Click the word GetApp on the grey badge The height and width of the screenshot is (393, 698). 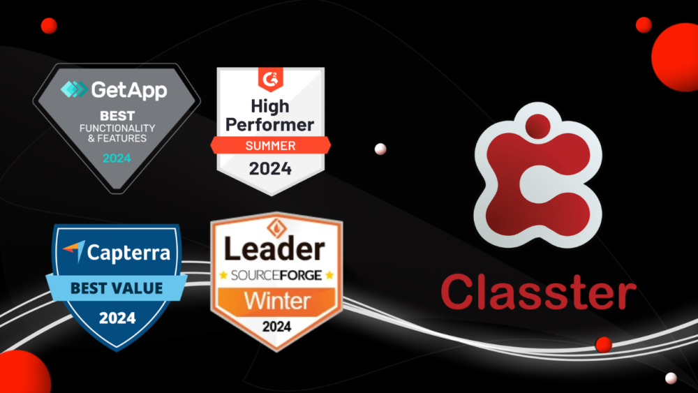point(128,89)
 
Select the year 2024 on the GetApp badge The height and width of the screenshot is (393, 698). point(117,158)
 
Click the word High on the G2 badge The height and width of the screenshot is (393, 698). point(270,106)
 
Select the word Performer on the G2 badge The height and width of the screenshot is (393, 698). point(271,126)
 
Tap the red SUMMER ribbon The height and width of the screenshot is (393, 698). point(270,146)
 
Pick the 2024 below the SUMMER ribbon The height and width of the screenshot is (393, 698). point(270,168)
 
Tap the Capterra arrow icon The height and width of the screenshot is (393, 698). point(73,251)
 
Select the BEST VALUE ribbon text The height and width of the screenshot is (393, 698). point(117,287)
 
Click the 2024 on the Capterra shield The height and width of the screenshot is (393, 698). point(117,318)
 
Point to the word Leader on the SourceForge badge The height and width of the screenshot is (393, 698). point(276,249)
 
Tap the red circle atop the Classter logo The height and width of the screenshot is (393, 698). point(538,126)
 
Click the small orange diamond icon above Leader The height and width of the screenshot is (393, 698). point(276,227)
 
